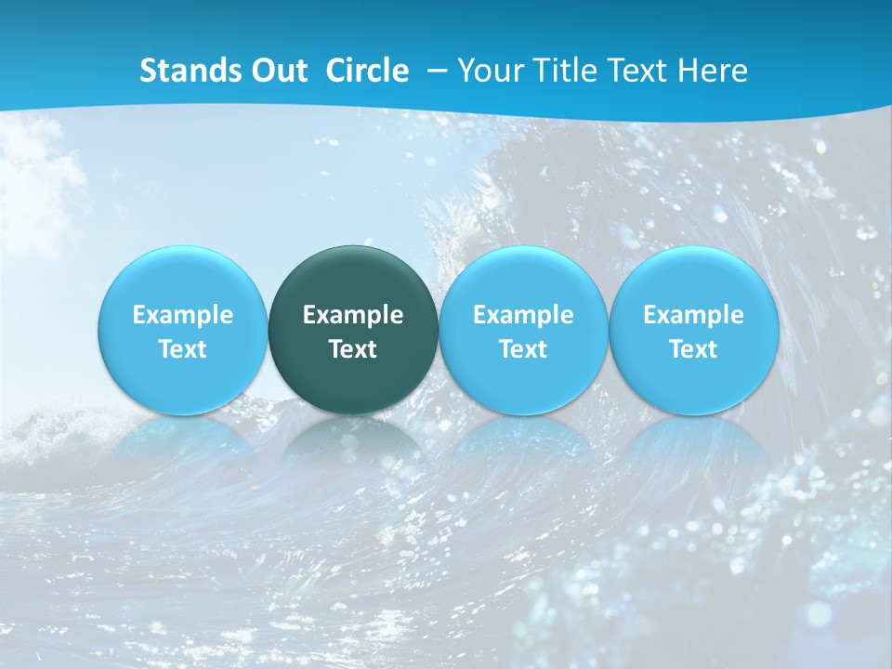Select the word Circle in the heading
[367, 71]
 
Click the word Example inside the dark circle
[353, 315]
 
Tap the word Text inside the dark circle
[353, 349]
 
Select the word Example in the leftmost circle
[183, 315]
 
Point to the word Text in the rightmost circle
[693, 349]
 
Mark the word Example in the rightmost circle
[693, 315]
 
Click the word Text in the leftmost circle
[183, 349]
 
